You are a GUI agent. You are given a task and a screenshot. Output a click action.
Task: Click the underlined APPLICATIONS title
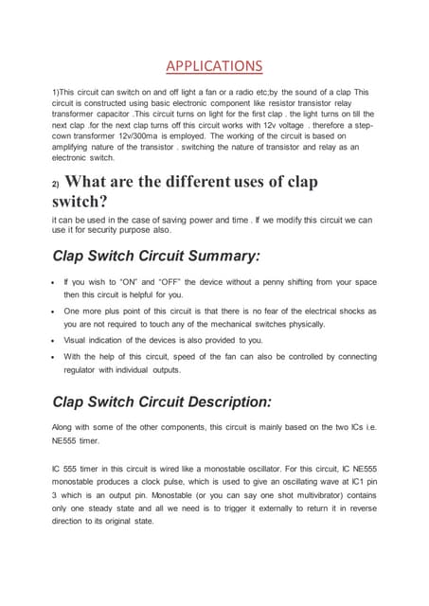point(214,65)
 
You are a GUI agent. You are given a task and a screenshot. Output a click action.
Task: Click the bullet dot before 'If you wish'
point(54,283)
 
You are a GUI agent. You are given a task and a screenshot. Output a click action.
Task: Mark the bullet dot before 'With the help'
point(54,357)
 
